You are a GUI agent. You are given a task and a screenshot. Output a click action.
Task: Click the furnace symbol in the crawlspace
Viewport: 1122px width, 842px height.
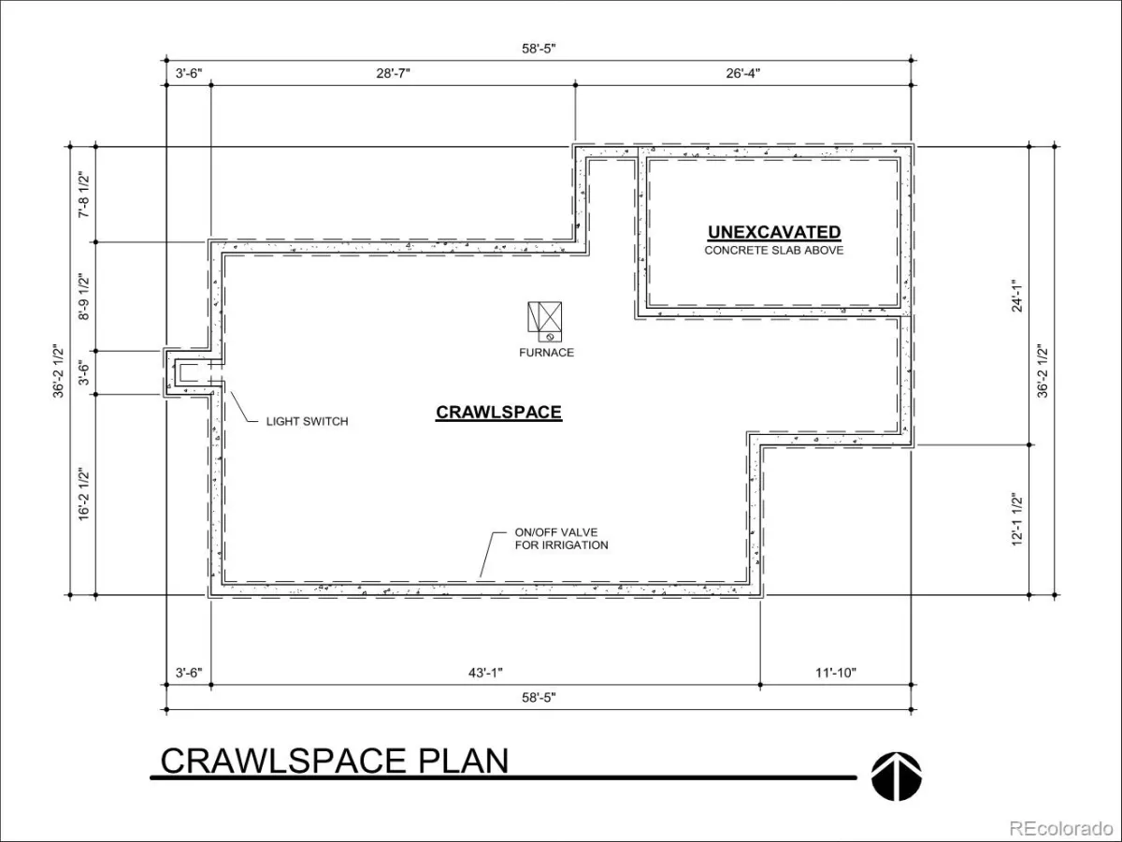click(x=544, y=321)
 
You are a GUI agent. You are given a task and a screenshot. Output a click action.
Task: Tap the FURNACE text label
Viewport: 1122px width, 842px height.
click(x=546, y=353)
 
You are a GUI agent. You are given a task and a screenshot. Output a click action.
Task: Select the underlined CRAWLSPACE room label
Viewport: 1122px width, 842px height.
click(x=498, y=413)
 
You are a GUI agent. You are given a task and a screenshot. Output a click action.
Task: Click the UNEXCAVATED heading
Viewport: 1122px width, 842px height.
click(x=774, y=233)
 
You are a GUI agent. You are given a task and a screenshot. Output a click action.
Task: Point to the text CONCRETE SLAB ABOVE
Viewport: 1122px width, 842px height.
click(x=774, y=251)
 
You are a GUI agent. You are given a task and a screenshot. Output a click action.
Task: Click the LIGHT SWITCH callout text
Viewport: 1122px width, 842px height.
click(x=308, y=422)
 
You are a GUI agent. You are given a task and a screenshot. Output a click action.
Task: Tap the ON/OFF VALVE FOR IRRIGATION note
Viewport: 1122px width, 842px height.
click(x=561, y=539)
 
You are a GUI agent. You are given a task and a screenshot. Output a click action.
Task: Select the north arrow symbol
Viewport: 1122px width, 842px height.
click(x=896, y=777)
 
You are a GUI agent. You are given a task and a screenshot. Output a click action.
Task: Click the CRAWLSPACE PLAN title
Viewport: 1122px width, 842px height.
click(x=335, y=761)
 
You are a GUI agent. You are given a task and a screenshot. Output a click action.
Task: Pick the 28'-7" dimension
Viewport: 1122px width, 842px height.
click(x=393, y=74)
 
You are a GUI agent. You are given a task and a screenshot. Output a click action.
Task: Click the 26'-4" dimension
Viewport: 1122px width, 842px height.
click(x=742, y=74)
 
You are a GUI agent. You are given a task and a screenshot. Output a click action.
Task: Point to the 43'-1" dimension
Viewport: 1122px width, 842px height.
click(x=485, y=673)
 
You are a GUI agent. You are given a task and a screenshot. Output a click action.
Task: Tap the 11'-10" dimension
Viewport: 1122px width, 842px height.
click(x=835, y=673)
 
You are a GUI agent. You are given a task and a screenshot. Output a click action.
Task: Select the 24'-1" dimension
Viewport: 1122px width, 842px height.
click(x=1017, y=296)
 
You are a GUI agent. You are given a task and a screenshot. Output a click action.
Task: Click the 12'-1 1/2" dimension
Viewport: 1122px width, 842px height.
click(x=1017, y=519)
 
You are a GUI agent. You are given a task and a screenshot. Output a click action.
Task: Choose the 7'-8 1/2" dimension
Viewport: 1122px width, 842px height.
click(x=84, y=196)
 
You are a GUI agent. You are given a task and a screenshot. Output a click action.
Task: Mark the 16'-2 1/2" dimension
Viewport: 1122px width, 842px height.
click(x=84, y=494)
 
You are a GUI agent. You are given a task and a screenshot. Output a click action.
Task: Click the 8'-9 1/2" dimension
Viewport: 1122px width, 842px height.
click(x=84, y=297)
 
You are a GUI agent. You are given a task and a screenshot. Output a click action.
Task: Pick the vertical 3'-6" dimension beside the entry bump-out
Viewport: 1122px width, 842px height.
click(x=84, y=372)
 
